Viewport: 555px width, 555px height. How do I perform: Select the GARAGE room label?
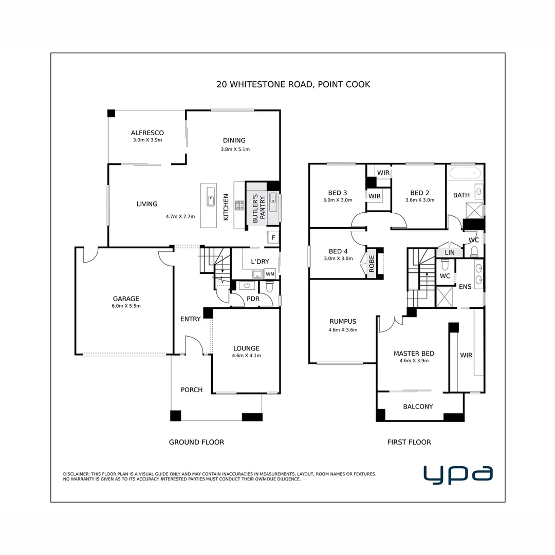click(126, 299)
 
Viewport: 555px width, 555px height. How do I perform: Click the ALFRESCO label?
click(147, 133)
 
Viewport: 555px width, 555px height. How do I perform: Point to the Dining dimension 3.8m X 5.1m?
click(235, 150)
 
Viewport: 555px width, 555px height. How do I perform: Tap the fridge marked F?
click(273, 237)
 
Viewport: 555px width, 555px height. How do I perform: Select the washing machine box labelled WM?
click(270, 274)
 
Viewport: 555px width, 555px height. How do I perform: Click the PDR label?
click(252, 298)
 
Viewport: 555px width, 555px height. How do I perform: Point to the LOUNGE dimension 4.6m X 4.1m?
click(246, 355)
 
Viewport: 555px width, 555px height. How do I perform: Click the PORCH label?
click(191, 390)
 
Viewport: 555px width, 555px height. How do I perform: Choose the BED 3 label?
click(338, 193)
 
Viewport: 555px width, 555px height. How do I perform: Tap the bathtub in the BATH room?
click(465, 173)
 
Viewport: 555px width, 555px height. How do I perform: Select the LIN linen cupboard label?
click(449, 253)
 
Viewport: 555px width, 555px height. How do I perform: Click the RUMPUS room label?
click(343, 322)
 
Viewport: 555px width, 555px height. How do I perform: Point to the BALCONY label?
click(417, 406)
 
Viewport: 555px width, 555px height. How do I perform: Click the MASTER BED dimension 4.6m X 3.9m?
click(414, 361)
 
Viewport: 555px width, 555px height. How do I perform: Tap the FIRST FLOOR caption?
click(409, 442)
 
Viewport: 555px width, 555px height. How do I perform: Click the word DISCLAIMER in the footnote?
click(76, 474)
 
